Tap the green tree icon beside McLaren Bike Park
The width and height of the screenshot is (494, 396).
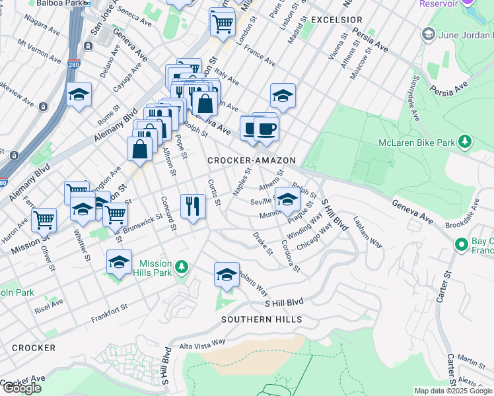click(465, 141)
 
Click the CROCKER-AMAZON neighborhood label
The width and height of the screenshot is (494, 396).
click(251, 160)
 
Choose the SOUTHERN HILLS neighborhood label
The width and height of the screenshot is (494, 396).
click(262, 319)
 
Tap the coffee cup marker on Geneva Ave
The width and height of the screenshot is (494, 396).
click(266, 129)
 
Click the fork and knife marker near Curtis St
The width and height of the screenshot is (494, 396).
click(192, 206)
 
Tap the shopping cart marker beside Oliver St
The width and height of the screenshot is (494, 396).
click(44, 220)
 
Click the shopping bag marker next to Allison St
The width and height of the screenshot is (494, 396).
click(141, 148)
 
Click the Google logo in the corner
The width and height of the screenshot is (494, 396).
click(22, 388)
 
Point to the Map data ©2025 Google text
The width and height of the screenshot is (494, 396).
click(452, 391)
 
